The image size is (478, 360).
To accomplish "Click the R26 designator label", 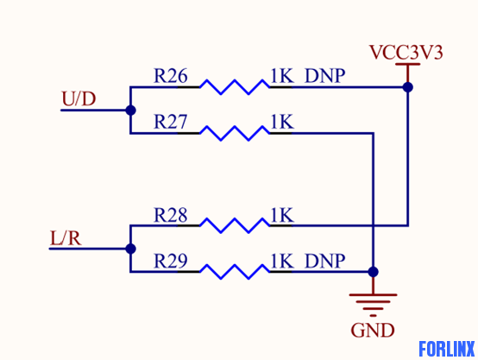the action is (x=171, y=76).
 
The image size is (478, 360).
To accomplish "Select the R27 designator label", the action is (x=171, y=122).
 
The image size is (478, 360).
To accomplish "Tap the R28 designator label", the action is (x=171, y=215).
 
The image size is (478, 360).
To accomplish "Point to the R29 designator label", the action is (x=171, y=261).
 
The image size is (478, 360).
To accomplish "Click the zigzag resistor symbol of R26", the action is (x=235, y=87).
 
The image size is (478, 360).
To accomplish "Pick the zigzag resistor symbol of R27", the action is (x=235, y=133).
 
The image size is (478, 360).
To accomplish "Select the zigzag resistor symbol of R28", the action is (x=235, y=226).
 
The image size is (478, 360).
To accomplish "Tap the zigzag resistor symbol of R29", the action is (x=235, y=272).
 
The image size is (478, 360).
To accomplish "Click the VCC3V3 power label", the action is (x=406, y=53).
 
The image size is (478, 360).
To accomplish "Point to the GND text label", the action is (x=373, y=330).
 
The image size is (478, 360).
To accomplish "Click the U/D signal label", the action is (x=79, y=98).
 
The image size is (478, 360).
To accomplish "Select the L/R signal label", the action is (x=66, y=238).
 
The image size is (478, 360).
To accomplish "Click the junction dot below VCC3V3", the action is (x=408, y=87).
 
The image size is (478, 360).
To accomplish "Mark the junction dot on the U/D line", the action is (x=130, y=111).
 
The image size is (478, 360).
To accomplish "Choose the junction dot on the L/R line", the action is (x=130, y=249).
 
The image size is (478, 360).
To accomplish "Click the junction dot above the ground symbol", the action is (x=373, y=272).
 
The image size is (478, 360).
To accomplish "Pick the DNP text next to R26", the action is (x=325, y=76).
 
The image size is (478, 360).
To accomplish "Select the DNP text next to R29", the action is (x=325, y=262).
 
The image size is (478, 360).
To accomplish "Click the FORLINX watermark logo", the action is (x=447, y=349).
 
